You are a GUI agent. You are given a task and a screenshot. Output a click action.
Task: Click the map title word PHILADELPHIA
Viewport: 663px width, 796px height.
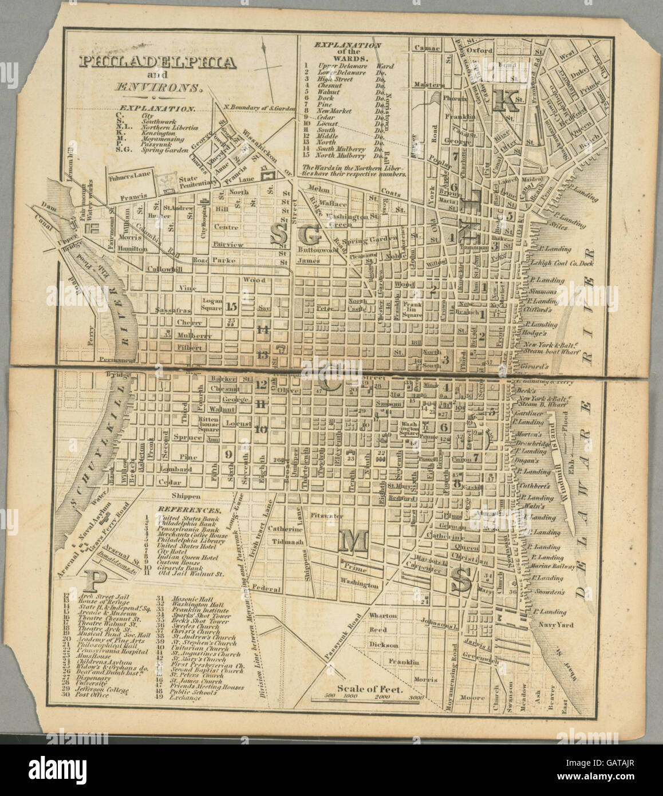coord(157,62)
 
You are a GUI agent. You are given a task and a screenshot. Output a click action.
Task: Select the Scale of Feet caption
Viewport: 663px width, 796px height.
coord(370,689)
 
